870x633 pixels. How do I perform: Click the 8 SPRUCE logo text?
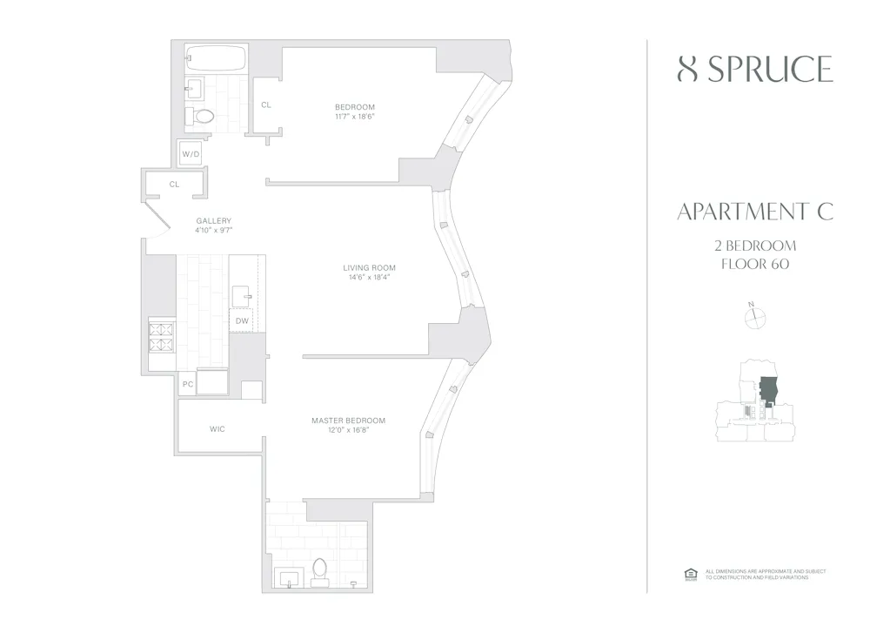pyautogui.click(x=754, y=69)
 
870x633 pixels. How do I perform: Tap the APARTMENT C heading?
pyautogui.click(x=754, y=212)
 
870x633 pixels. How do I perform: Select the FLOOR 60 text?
pyautogui.click(x=754, y=264)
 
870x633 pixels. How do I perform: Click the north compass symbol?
pyautogui.click(x=754, y=318)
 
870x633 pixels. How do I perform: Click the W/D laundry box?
pyautogui.click(x=191, y=154)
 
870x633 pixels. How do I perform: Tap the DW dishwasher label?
pyautogui.click(x=243, y=321)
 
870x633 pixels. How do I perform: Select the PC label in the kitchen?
pyautogui.click(x=187, y=384)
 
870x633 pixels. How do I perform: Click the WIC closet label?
pyautogui.click(x=217, y=429)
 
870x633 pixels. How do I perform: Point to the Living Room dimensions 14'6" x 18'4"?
pyautogui.click(x=369, y=279)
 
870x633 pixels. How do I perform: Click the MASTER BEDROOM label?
pyautogui.click(x=348, y=421)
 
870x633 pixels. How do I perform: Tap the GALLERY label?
pyautogui.click(x=213, y=221)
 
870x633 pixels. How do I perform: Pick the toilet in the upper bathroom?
pyautogui.click(x=203, y=117)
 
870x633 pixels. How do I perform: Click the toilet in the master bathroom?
pyautogui.click(x=318, y=569)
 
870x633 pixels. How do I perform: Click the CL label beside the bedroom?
pyautogui.click(x=266, y=105)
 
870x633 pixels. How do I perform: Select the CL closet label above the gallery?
pyautogui.click(x=174, y=185)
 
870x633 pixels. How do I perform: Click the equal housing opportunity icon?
pyautogui.click(x=691, y=573)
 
